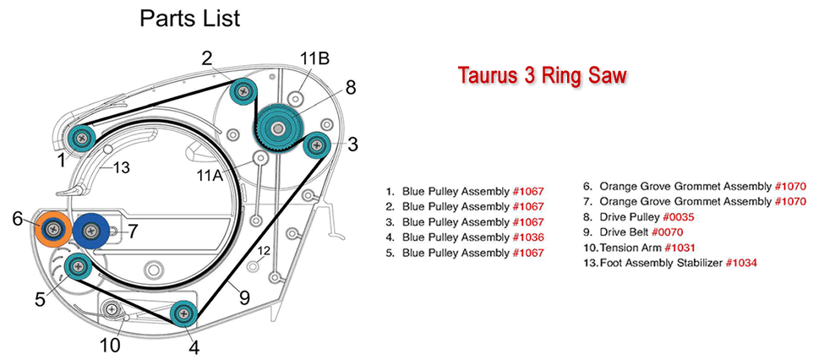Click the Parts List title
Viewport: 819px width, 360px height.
[189, 19]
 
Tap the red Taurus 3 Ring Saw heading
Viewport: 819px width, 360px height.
[542, 75]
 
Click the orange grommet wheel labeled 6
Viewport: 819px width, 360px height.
[55, 226]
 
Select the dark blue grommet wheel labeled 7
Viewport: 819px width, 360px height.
[90, 229]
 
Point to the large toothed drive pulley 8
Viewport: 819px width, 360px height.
[276, 126]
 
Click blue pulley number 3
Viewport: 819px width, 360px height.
[316, 145]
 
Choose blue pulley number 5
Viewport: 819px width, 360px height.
[78, 266]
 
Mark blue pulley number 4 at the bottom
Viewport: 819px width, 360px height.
[183, 314]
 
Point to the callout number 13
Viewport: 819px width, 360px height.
[121, 168]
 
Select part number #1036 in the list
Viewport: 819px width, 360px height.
[530, 237]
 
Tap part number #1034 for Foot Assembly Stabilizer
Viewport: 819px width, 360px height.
[738, 263]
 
